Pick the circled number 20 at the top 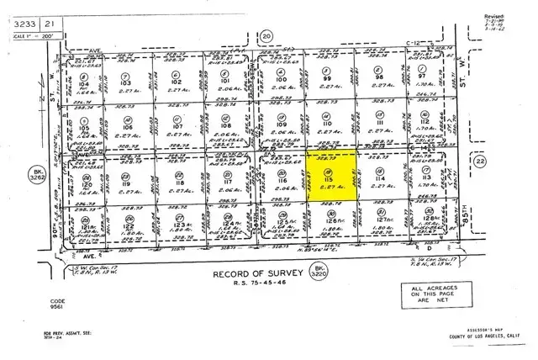(x=267, y=36)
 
